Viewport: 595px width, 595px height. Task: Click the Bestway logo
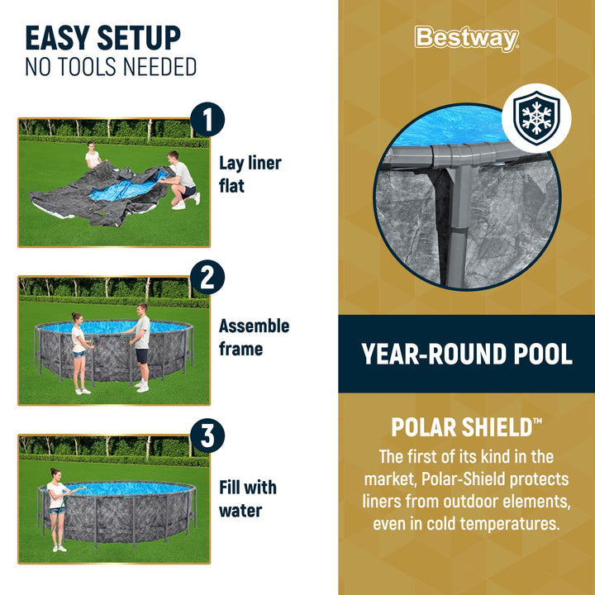point(466,38)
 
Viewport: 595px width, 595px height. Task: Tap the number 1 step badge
point(207,120)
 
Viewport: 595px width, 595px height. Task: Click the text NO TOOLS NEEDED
point(111,67)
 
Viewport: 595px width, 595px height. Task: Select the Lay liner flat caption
point(250,174)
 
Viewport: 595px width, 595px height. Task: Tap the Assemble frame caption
point(254,337)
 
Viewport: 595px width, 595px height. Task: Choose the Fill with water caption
point(247,499)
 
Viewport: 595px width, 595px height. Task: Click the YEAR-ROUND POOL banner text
point(466,354)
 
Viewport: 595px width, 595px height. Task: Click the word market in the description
point(396,479)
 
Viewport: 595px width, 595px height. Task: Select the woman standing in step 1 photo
point(93,157)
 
